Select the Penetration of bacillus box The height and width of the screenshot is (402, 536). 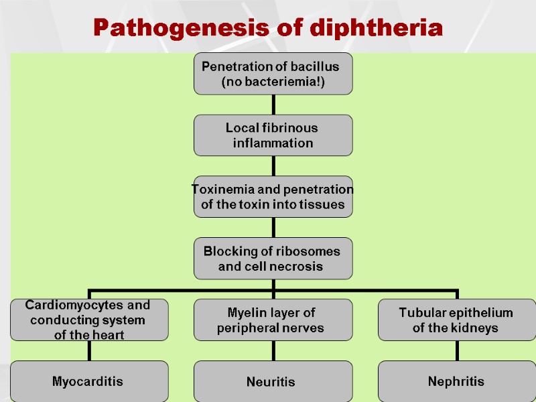click(x=273, y=74)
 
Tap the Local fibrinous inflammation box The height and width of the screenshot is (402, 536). click(x=273, y=135)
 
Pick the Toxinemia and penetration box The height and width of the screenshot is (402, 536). click(x=273, y=197)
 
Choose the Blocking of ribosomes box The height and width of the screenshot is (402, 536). click(x=273, y=259)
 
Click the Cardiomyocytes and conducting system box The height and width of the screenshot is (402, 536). click(x=89, y=320)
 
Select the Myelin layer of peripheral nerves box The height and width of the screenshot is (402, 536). click(x=273, y=320)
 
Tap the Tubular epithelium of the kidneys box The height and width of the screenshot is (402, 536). click(x=457, y=320)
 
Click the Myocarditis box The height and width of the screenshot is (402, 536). click(x=89, y=381)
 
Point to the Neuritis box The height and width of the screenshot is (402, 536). click(x=273, y=381)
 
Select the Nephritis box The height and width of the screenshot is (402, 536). click(x=457, y=381)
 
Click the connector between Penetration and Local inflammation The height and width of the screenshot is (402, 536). click(x=273, y=105)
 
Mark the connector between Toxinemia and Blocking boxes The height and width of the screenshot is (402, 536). click(x=273, y=228)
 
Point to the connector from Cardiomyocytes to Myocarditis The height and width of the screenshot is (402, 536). click(x=89, y=350)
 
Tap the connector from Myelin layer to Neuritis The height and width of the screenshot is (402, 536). click(x=273, y=350)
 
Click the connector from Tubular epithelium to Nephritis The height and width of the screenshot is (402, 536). click(x=457, y=350)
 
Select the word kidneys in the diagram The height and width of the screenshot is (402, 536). click(x=474, y=328)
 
